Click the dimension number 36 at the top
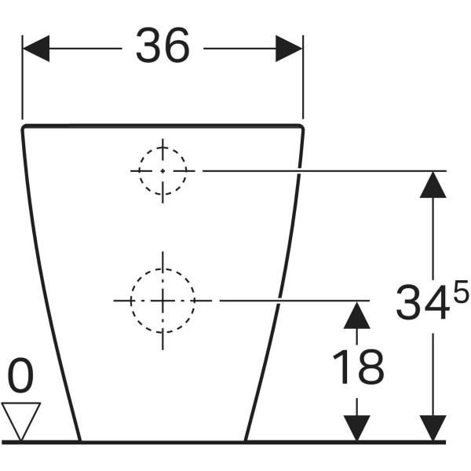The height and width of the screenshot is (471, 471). coord(162,45)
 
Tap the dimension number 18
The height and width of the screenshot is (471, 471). coord(359,367)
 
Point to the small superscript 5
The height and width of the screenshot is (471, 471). coord(461,290)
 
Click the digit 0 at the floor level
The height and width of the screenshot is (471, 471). coord(20,375)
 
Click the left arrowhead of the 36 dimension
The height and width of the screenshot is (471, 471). coord(36,49)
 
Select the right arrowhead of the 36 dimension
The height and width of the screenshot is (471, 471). coord(289,49)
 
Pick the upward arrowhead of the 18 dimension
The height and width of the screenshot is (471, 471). coord(357,315)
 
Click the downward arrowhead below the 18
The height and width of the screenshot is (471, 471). coord(357,429)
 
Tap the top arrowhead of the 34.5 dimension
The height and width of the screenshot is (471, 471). coord(433,184)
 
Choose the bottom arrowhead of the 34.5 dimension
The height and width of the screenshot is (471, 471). coord(433,429)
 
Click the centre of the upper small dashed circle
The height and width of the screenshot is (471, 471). coord(162,171)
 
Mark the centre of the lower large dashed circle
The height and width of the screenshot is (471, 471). coord(162,301)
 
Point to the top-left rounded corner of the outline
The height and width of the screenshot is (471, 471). coord(24,127)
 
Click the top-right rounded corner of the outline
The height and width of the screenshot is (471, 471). coord(301,127)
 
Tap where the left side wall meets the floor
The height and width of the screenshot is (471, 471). coord(80,442)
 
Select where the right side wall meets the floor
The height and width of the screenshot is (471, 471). coord(245,442)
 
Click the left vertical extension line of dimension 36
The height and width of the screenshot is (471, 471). coord(22,77)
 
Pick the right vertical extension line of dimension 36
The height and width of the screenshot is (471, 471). coord(303,77)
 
